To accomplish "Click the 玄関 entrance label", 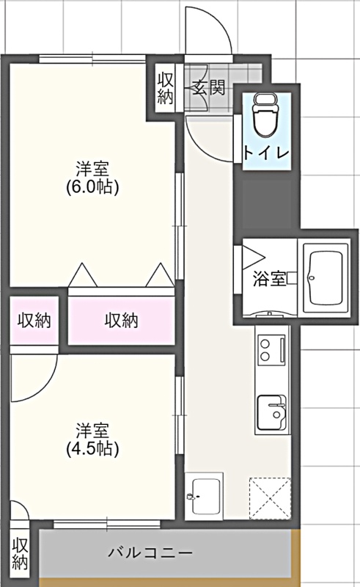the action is click(209, 87).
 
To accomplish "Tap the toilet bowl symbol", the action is click(266, 115).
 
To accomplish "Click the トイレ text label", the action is click(266, 153).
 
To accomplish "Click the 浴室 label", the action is click(269, 279).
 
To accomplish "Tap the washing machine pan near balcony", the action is click(204, 496).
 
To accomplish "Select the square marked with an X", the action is click(270, 498).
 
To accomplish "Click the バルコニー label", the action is click(150, 553).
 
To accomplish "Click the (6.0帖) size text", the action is click(92, 186).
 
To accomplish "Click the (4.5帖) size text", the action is click(92, 448).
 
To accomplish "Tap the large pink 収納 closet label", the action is click(121, 321).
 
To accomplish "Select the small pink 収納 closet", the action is click(34, 321).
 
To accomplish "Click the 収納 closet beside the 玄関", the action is click(165, 88).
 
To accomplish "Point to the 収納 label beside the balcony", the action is click(20, 553).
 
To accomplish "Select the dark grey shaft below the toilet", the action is click(266, 204).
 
